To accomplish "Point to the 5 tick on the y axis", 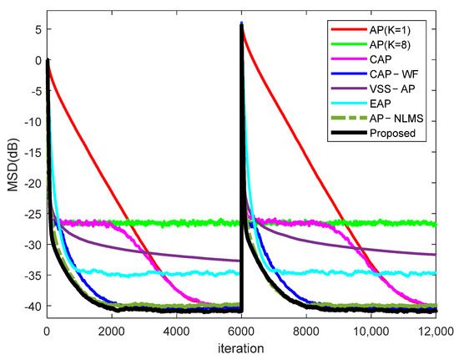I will pos(33,29).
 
